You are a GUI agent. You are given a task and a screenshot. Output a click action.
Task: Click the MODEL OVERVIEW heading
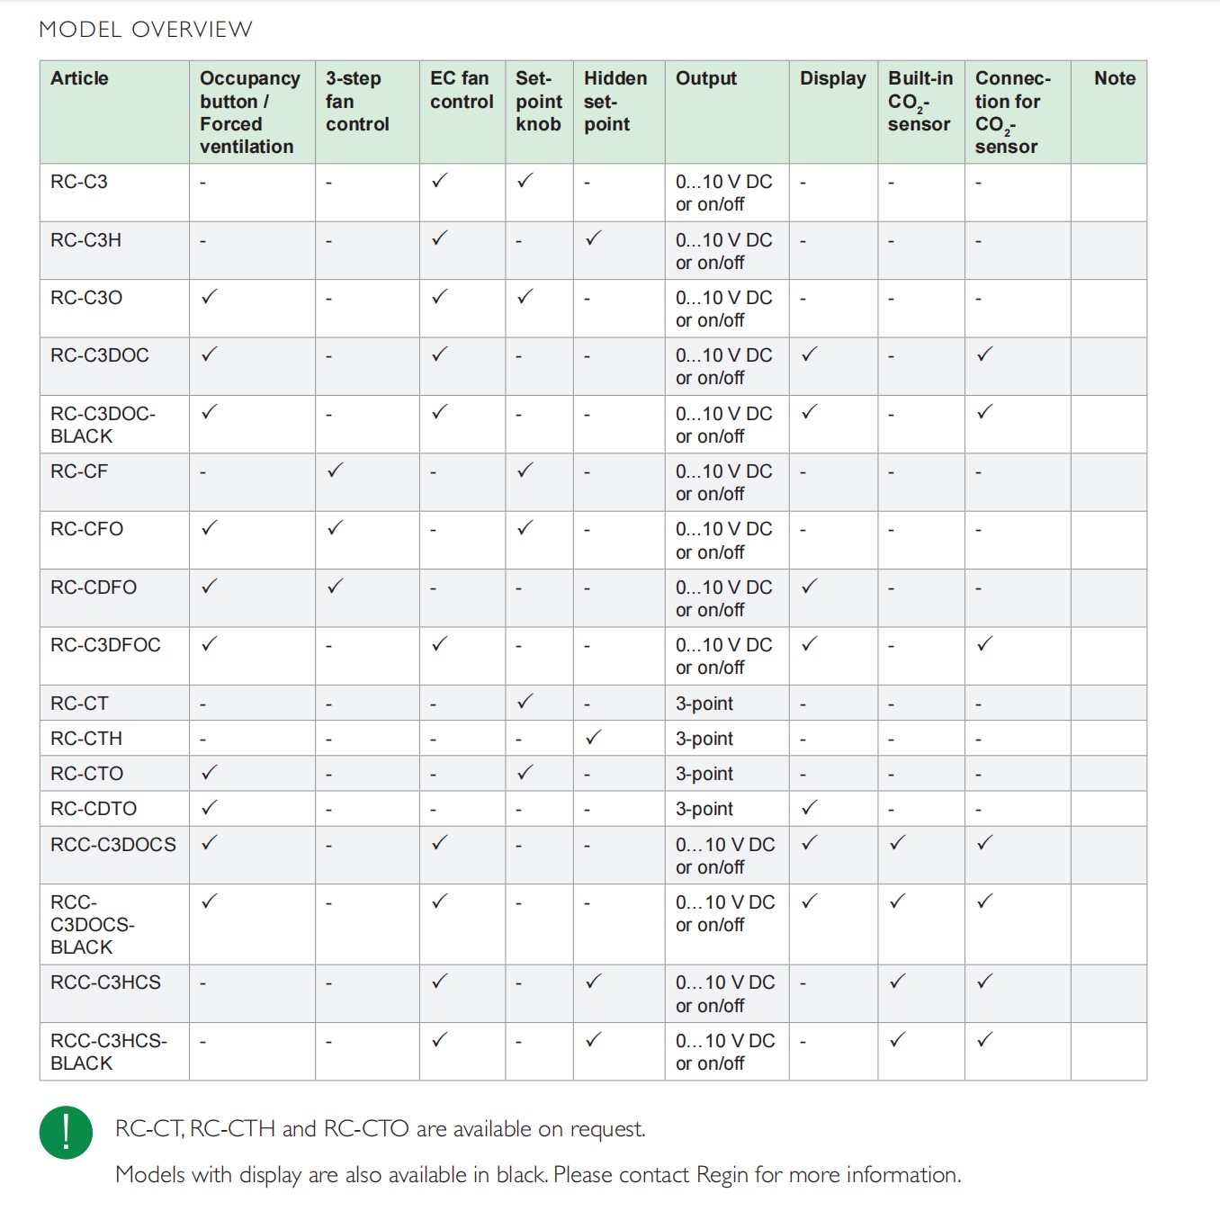click(146, 30)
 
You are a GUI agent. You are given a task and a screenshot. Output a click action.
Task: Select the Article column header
click(79, 79)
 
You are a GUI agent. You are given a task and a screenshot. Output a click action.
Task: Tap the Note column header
click(1115, 79)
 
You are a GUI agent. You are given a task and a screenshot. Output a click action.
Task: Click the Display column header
click(832, 79)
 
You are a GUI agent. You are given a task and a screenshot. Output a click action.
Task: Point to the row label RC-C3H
click(85, 240)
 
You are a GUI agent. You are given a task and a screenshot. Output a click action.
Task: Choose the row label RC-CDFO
click(94, 588)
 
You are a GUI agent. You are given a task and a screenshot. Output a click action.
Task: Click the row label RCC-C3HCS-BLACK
click(108, 1052)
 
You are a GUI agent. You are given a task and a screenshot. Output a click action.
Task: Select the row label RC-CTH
click(86, 739)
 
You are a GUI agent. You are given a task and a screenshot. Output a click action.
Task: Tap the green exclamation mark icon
click(66, 1132)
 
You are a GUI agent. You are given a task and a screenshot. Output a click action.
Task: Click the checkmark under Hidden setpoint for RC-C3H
click(593, 238)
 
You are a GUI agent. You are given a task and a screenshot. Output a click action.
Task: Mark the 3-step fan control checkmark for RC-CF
click(336, 470)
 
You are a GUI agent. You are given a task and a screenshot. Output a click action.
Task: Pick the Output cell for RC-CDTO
click(704, 809)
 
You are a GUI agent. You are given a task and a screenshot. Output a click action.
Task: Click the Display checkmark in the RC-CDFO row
click(810, 586)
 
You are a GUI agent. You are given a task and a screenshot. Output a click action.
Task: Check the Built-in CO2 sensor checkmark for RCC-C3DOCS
click(897, 843)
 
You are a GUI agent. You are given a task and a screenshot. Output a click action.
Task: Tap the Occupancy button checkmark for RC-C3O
click(210, 296)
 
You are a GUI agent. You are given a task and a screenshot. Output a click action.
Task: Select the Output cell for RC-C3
click(723, 193)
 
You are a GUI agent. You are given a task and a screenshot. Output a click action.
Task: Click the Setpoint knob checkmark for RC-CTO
click(525, 772)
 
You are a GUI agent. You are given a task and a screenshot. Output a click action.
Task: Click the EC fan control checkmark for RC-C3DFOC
click(439, 643)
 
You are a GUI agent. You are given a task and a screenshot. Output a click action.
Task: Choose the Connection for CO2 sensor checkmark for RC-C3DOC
click(985, 354)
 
